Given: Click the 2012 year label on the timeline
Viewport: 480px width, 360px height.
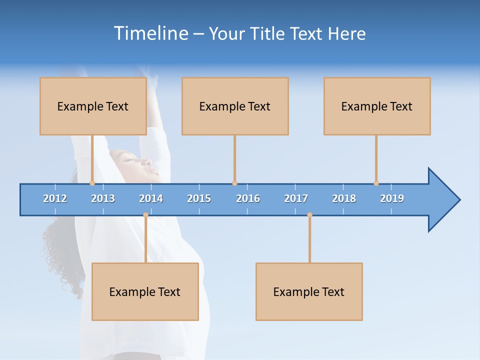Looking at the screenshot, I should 55,198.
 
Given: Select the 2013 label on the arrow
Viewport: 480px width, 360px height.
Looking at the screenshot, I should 103,198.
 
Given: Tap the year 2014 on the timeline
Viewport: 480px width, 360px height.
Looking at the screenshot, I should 151,198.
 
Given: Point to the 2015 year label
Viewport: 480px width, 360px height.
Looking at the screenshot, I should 199,198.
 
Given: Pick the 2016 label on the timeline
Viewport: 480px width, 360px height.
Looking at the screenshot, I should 248,198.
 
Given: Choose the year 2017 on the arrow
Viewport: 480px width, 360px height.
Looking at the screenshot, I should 296,198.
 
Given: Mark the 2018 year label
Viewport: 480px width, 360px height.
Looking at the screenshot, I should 344,198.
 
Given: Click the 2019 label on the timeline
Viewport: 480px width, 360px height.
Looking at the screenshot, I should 392,198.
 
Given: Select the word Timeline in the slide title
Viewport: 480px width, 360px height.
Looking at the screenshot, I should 149,33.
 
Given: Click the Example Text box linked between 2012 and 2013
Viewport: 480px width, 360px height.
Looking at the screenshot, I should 93,106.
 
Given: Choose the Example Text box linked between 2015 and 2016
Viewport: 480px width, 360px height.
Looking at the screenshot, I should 235,106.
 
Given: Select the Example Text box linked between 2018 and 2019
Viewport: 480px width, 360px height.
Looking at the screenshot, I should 377,106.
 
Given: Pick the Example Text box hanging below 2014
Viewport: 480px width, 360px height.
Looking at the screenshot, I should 145,291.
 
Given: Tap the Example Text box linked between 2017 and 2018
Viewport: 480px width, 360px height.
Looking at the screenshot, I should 309,291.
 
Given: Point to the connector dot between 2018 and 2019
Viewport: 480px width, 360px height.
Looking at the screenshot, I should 376,183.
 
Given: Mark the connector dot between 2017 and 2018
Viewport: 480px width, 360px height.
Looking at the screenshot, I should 309,214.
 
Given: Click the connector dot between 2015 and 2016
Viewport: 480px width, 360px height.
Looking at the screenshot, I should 234,183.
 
